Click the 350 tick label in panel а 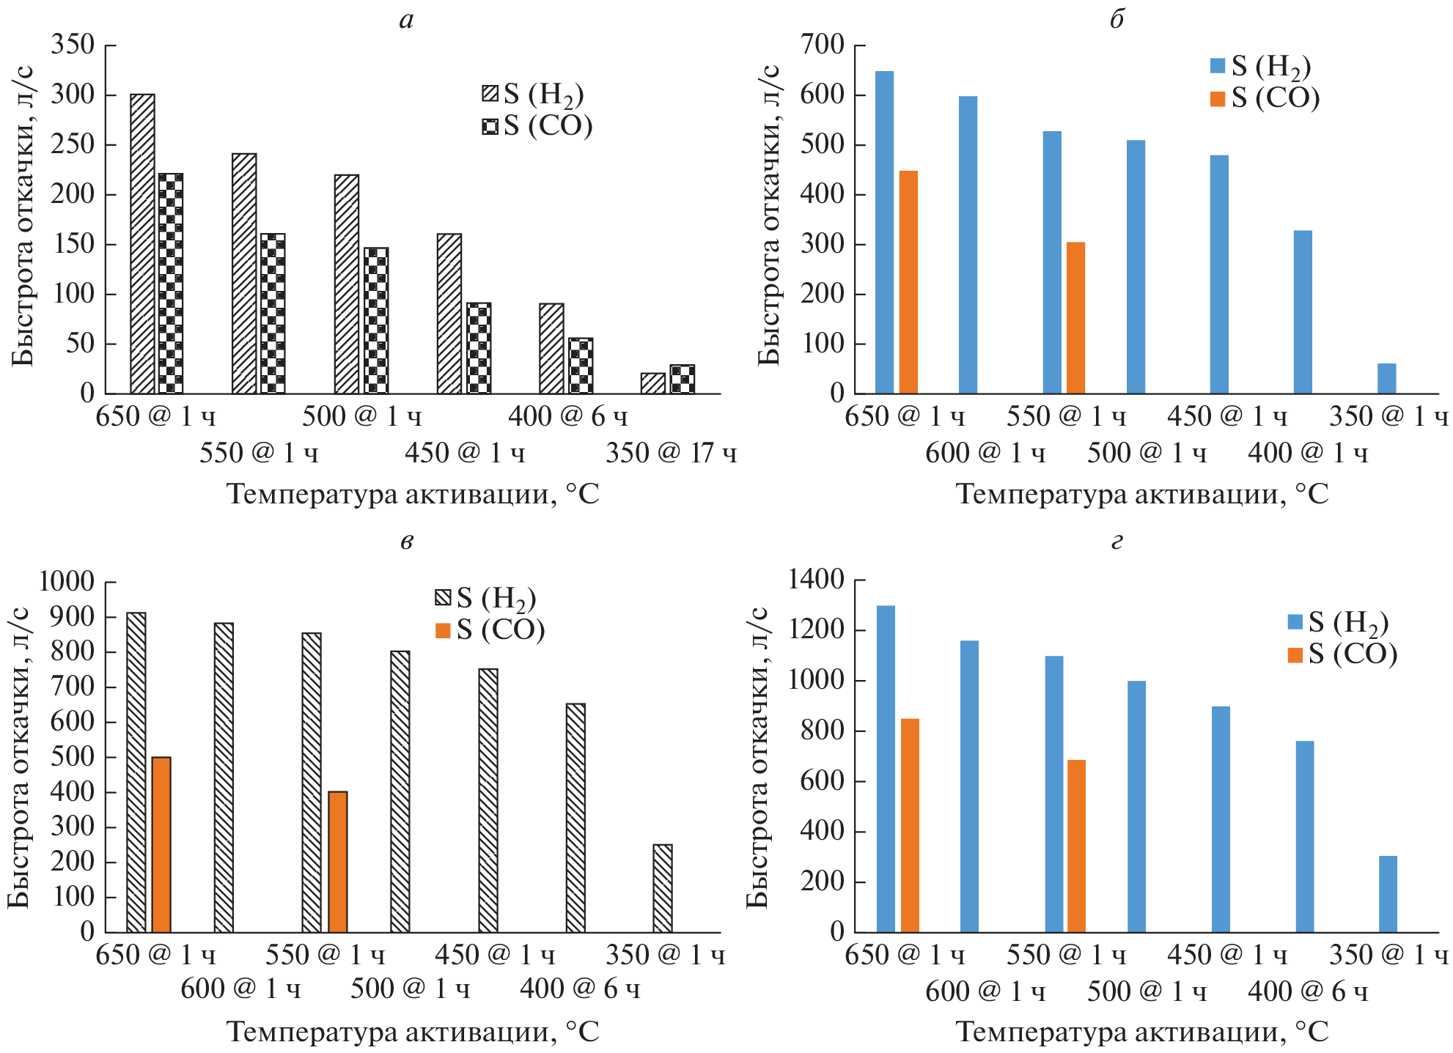tap(73, 45)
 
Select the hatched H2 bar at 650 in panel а tap(142, 244)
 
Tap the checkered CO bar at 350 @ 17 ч tap(682, 379)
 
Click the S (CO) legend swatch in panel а tap(490, 127)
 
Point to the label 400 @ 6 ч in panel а tap(568, 417)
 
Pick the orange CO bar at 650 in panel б tap(908, 282)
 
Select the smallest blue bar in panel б tap(1386, 378)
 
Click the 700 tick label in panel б tap(823, 45)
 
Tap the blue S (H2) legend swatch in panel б tap(1218, 66)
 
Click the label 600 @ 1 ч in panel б tap(985, 454)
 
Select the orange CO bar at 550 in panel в tap(338, 862)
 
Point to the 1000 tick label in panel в tap(67, 582)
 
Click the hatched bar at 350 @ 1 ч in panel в tap(663, 888)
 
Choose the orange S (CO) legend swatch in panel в tap(443, 630)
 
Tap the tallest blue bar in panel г tap(886, 769)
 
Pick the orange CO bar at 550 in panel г tap(1077, 846)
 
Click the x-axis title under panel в tap(413, 1032)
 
